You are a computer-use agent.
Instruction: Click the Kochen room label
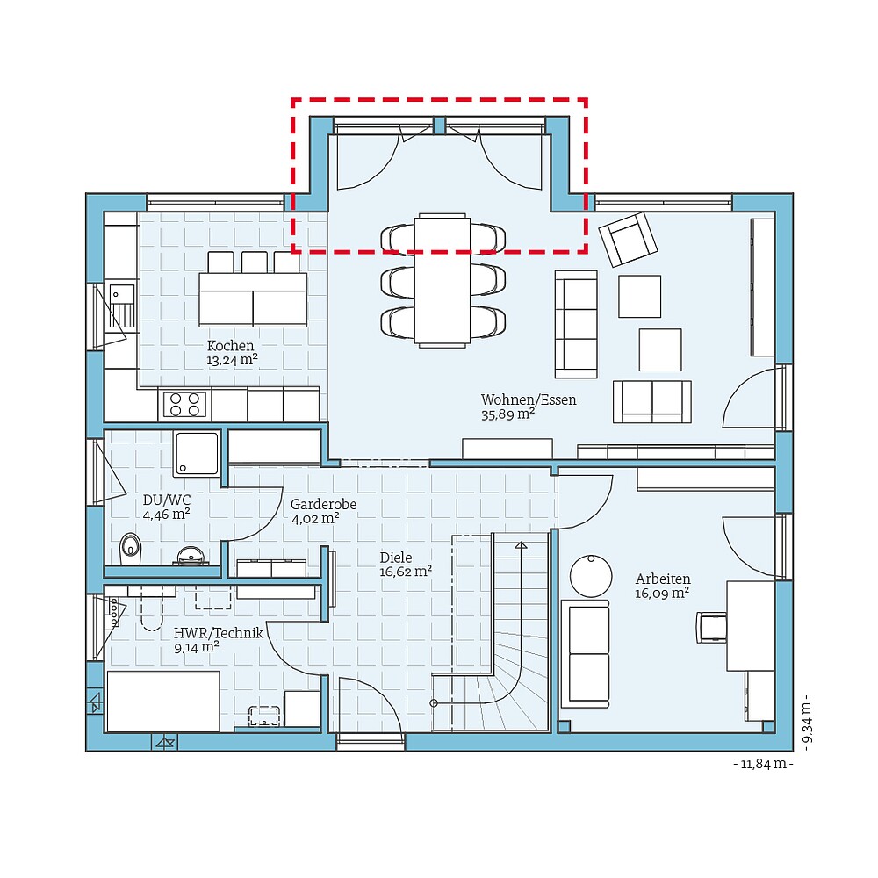click(x=231, y=346)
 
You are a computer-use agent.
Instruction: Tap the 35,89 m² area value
click(x=508, y=414)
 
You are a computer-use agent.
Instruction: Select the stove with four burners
click(x=184, y=405)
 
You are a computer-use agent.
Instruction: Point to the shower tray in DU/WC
click(x=197, y=453)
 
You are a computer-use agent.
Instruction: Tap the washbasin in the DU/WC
click(x=191, y=555)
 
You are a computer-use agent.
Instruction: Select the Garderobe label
click(x=323, y=504)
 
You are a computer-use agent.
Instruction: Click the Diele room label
click(x=395, y=557)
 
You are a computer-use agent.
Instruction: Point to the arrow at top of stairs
click(x=521, y=545)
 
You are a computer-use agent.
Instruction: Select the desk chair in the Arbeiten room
click(x=712, y=627)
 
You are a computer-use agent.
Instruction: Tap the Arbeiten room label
click(x=663, y=579)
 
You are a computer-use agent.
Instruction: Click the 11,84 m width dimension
click(x=763, y=765)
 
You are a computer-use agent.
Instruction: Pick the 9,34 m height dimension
click(x=806, y=721)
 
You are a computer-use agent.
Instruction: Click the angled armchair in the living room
click(x=627, y=238)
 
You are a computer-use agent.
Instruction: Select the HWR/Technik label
click(x=219, y=633)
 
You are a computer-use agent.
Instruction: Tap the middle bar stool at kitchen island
click(x=254, y=262)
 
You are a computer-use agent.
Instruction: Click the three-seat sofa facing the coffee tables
click(x=576, y=323)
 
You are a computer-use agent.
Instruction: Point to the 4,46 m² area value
click(x=167, y=515)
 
